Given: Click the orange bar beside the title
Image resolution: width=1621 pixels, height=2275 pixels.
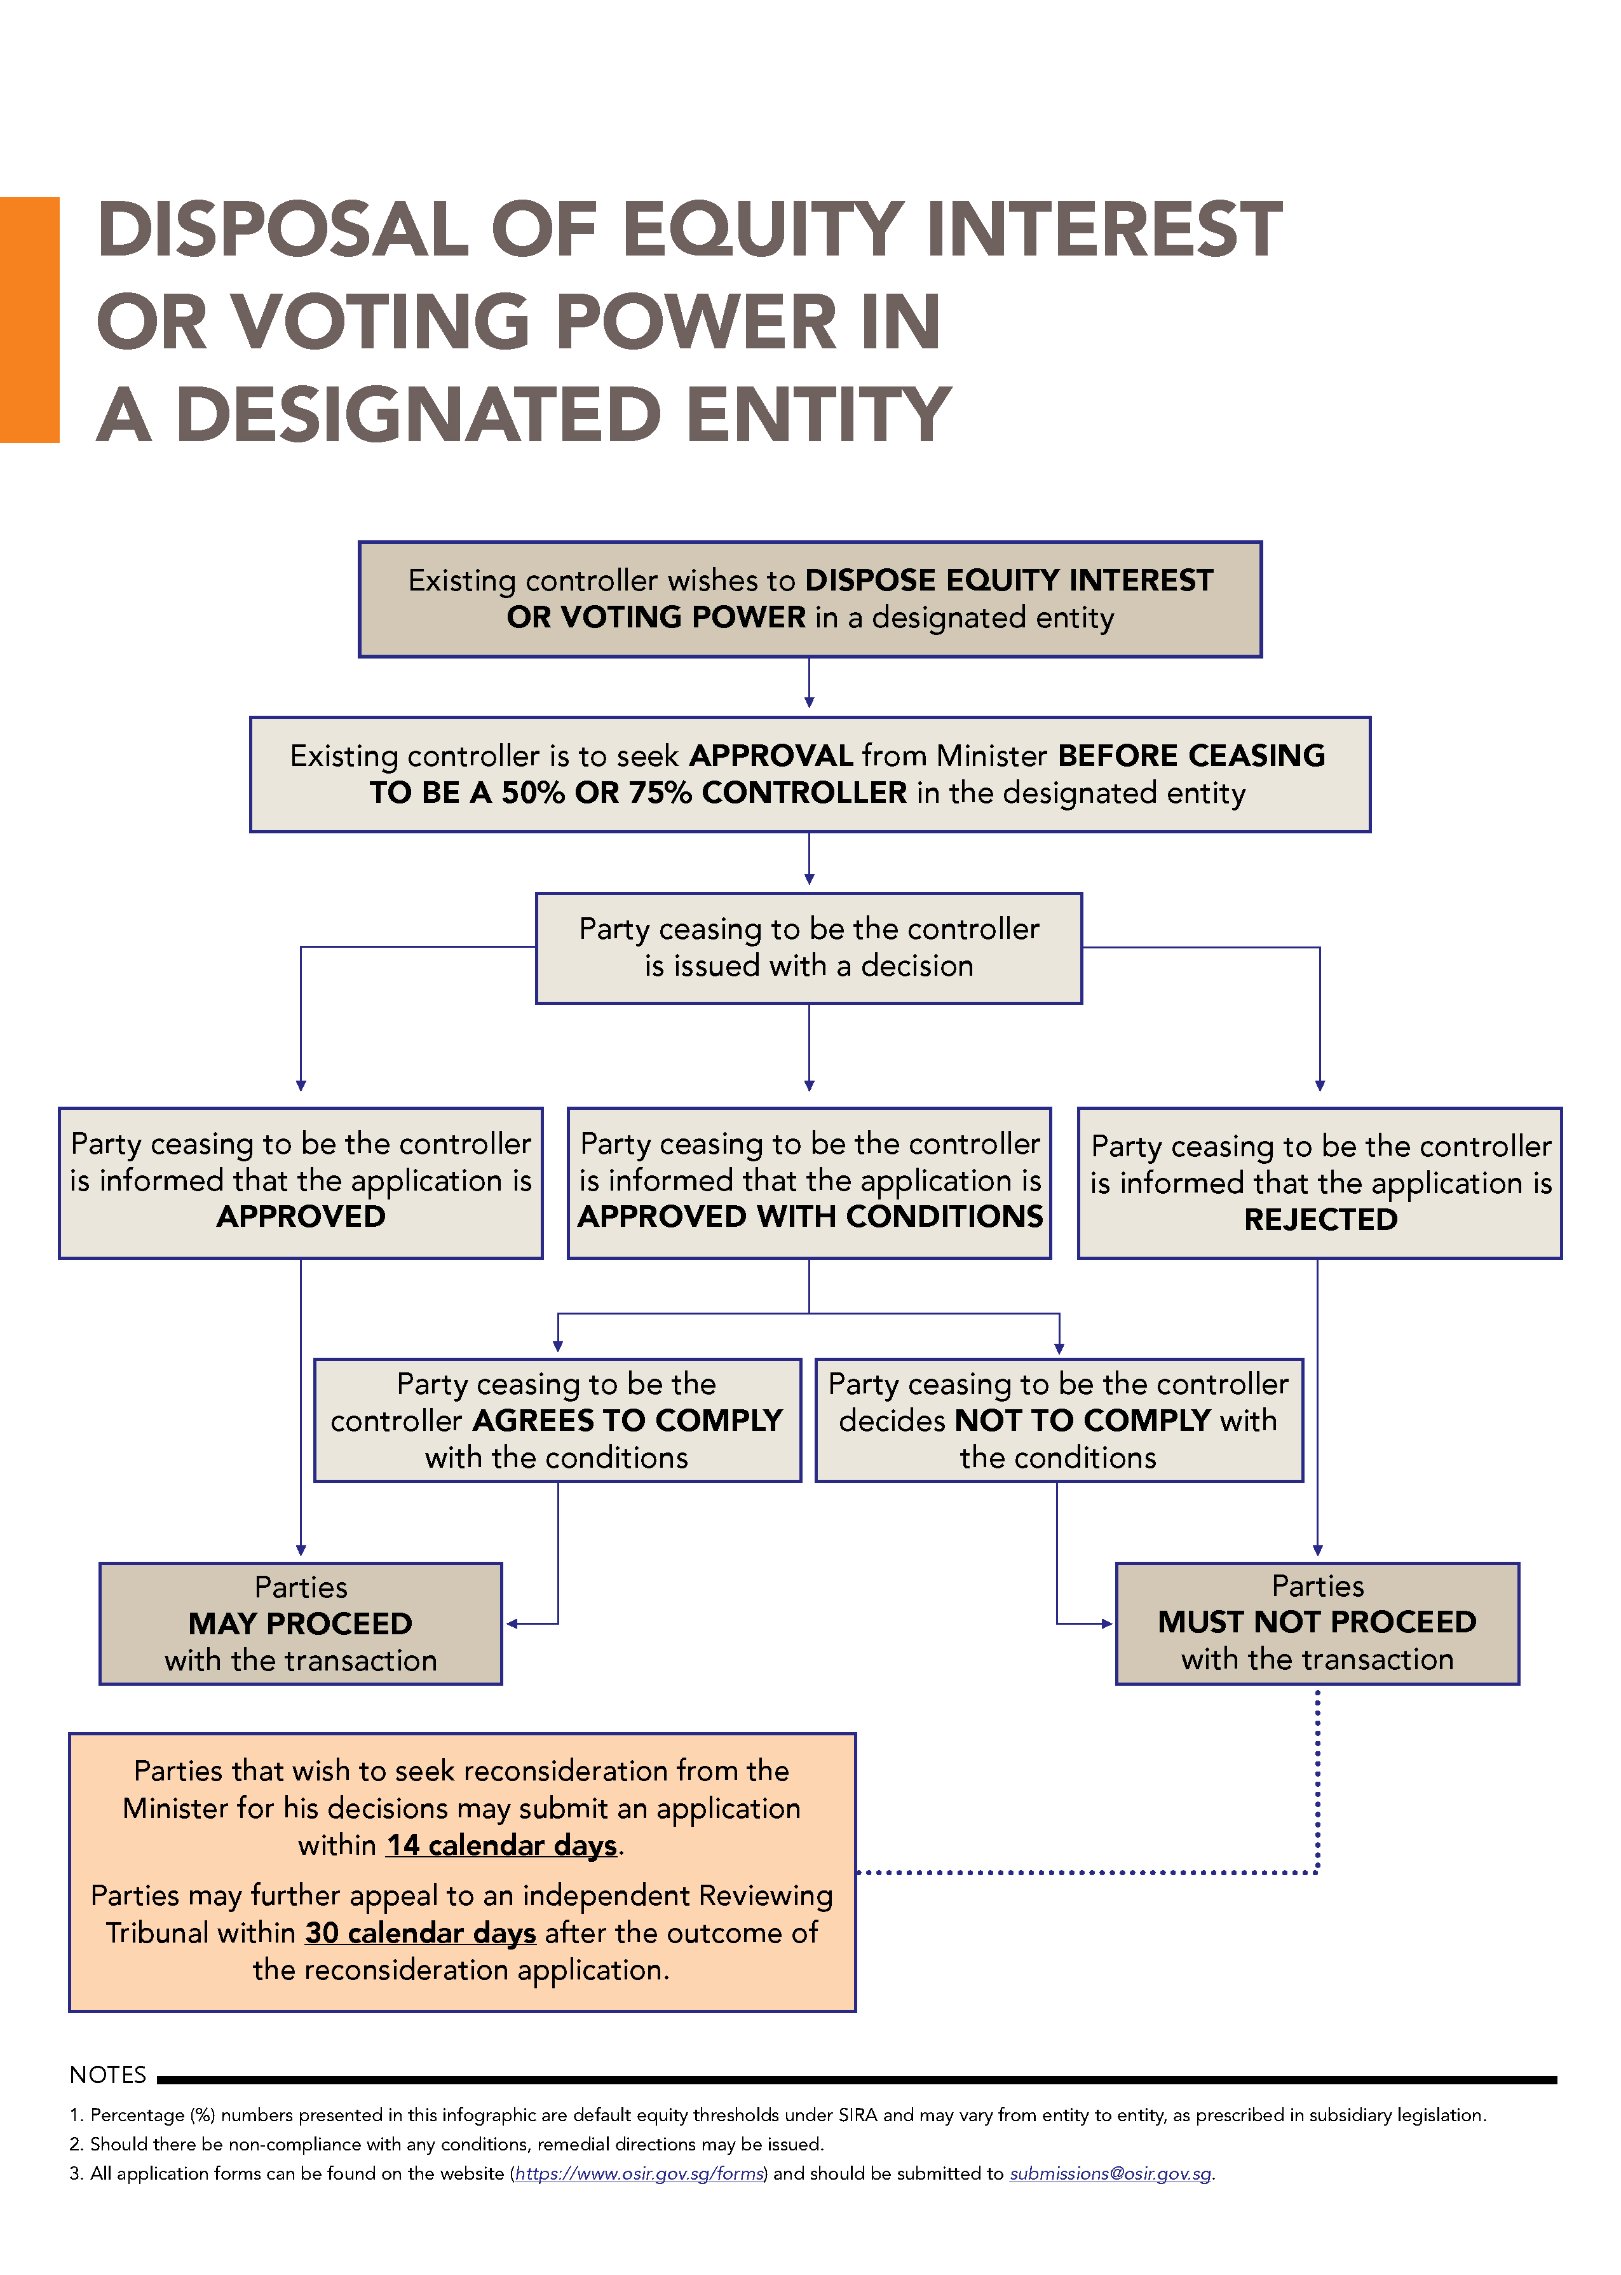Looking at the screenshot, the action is coord(30,320).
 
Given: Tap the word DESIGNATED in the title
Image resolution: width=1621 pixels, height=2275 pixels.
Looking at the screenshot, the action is coord(418,414).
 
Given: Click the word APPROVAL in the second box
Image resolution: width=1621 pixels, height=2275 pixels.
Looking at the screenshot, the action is coord(771,756).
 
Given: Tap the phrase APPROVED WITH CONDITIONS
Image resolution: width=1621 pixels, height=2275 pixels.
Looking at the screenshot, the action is coord(810,1216).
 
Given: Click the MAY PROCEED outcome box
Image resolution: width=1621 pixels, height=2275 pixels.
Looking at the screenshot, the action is coord(301,1623).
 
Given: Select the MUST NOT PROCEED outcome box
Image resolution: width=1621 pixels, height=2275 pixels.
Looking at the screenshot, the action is coord(1317,1623).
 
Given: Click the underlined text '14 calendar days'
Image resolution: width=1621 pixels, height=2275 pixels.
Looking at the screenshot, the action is coord(502,1845).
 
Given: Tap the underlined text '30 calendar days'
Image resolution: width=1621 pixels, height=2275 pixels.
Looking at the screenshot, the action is coord(420,1932).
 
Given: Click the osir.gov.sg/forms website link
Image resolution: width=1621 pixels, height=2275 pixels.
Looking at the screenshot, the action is coord(640,2173).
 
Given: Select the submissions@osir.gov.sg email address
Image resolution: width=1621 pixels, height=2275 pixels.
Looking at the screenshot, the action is coord(1110,2173).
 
